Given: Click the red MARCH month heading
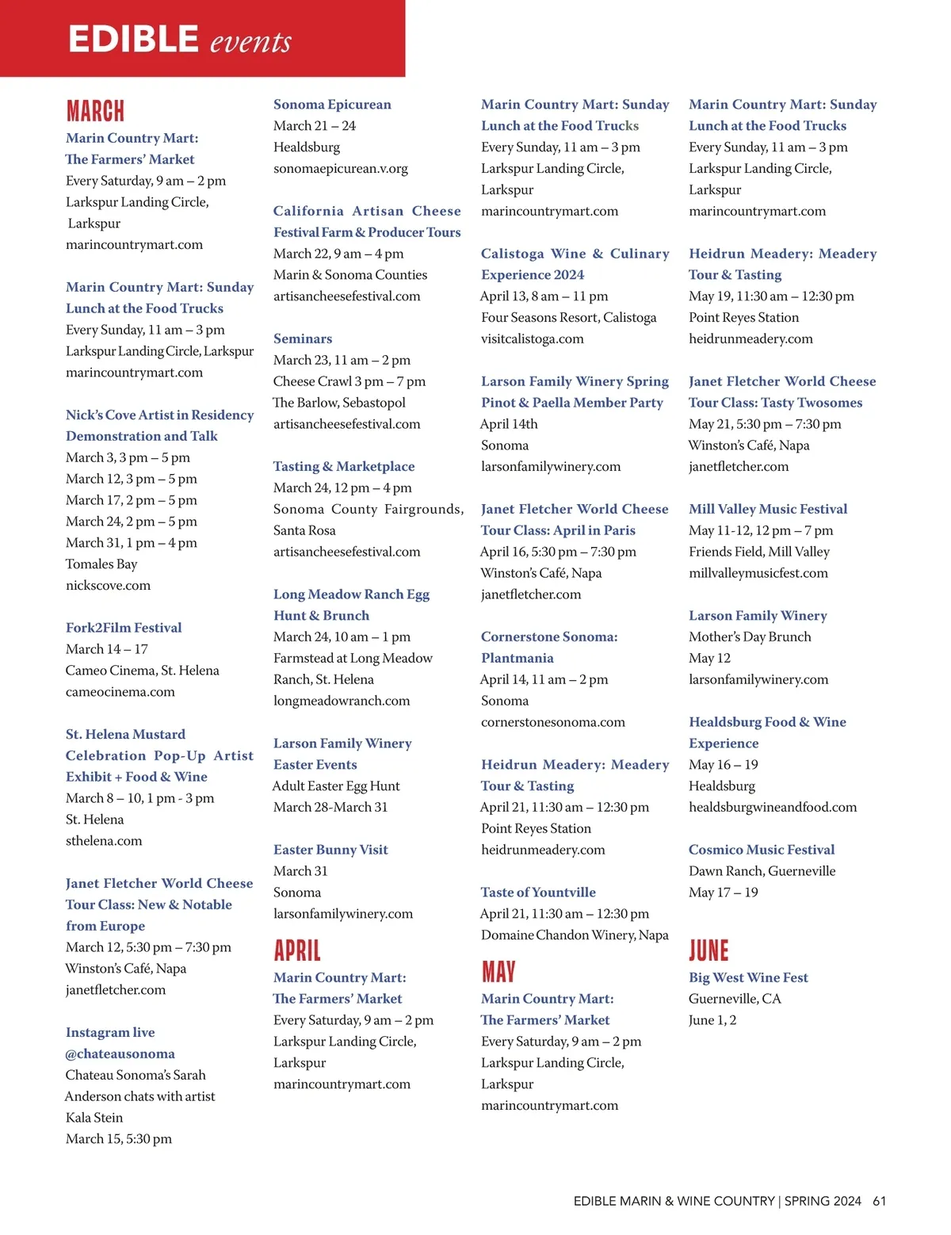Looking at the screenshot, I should [x=95, y=111].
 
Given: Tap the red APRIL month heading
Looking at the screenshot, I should [x=297, y=950].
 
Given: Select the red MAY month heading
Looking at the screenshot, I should [x=498, y=972].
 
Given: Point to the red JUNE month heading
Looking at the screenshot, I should [x=708, y=950].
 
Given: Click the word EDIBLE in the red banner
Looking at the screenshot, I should [x=133, y=40].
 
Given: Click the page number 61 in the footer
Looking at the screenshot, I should [x=879, y=1201].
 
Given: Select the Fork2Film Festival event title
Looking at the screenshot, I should [x=124, y=628].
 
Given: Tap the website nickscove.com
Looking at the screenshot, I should [x=108, y=586].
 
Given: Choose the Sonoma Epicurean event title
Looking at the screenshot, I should [x=332, y=105].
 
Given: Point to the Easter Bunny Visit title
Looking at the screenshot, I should [x=330, y=850].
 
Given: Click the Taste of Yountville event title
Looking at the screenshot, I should [x=538, y=893].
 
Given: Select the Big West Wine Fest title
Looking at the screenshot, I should [x=748, y=978].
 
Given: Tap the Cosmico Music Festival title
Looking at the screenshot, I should [x=762, y=850].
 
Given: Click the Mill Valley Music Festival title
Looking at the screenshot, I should [x=768, y=509].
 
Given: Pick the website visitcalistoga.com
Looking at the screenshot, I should [x=532, y=339].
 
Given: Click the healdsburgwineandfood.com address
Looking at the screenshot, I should [x=773, y=808].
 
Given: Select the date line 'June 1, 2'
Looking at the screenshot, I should [x=712, y=1020].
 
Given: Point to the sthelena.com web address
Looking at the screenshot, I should [x=104, y=841].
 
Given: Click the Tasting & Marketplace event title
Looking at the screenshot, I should [x=344, y=467].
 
